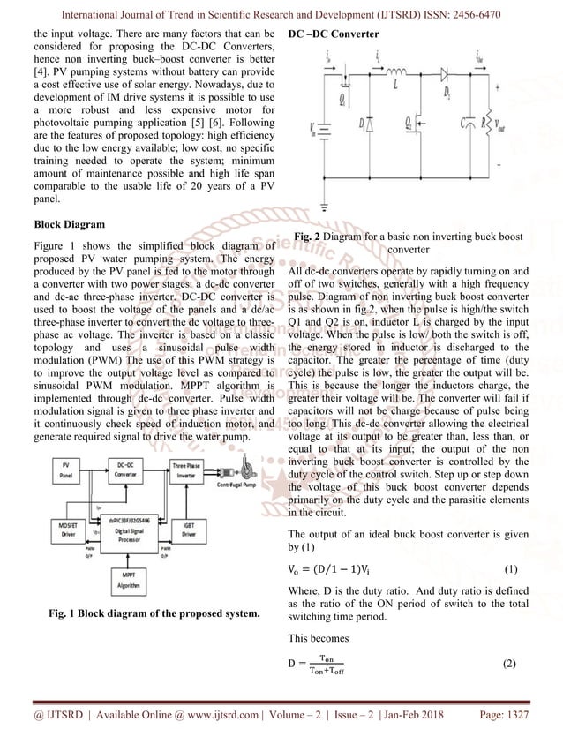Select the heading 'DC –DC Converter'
tap(334, 34)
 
